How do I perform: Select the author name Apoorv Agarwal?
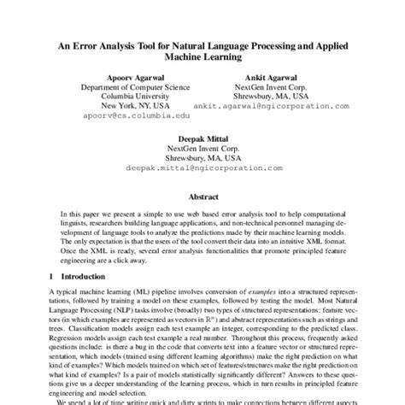tap(131, 76)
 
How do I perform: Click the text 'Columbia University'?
tap(131, 97)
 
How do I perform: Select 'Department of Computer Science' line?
tap(131, 87)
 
